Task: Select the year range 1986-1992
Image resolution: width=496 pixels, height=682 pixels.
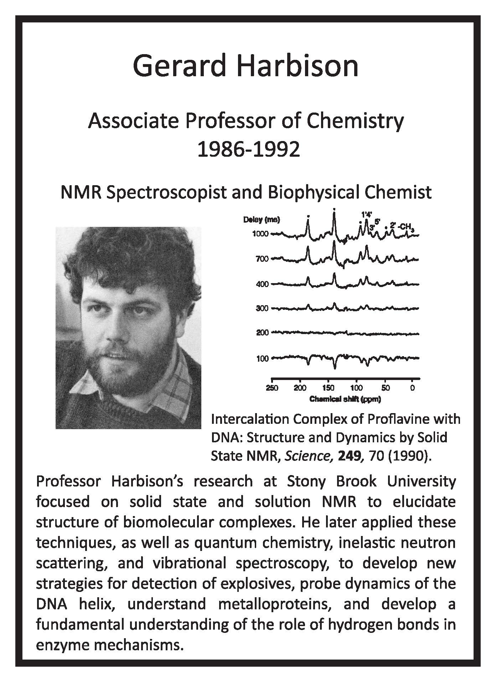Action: tap(248, 150)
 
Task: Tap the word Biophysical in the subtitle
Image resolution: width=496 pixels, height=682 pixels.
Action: tap(319, 193)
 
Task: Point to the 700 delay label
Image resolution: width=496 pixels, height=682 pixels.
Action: tap(262, 259)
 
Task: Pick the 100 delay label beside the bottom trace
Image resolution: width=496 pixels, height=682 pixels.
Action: tap(262, 358)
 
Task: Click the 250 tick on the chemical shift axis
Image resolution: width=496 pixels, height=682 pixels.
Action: tap(272, 388)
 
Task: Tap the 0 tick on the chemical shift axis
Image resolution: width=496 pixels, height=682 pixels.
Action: tap(413, 388)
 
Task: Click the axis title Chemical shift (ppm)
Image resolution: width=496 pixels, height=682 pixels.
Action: tap(345, 399)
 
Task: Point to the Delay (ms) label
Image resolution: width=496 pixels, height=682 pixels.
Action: tap(262, 220)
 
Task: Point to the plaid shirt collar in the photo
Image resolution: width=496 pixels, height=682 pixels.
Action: tap(171, 395)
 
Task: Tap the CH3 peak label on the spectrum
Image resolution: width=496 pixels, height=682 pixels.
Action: tap(407, 227)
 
